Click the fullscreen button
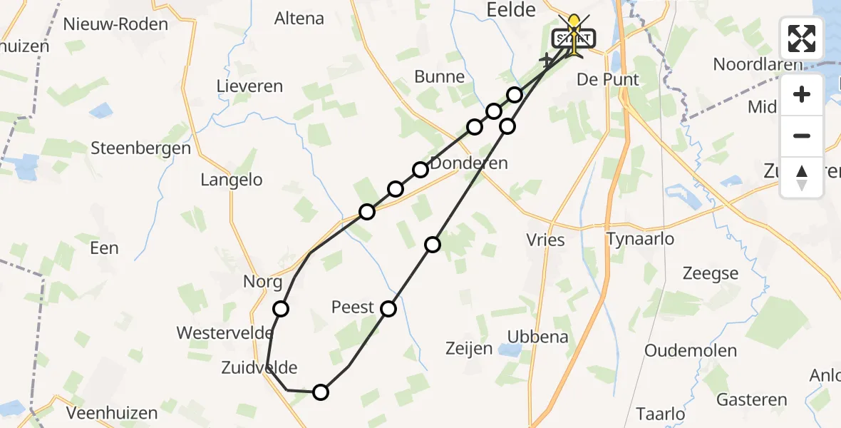click(802, 38)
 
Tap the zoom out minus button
click(802, 136)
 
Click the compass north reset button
click(802, 178)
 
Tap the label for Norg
click(263, 282)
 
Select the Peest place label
click(353, 307)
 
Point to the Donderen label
click(469, 163)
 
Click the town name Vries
click(546, 240)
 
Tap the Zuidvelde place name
click(259, 367)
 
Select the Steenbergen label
click(141, 149)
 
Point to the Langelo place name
click(232, 180)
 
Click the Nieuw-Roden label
click(115, 24)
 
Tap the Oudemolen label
click(690, 350)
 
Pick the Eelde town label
click(510, 10)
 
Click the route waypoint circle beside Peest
click(388, 309)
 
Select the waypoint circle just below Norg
click(281, 309)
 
